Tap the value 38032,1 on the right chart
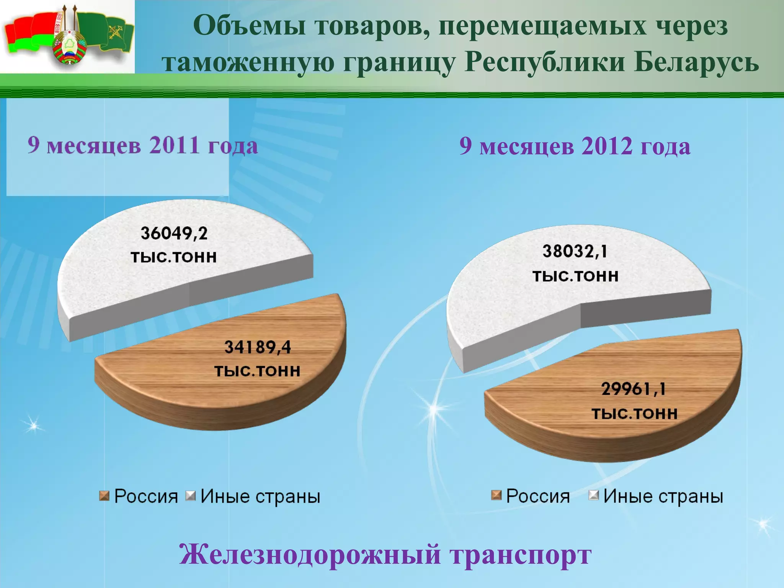pyautogui.click(x=575, y=252)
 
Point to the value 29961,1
pyautogui.click(x=634, y=389)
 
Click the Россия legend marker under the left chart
pyautogui.click(x=104, y=496)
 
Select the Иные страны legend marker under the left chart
pyautogui.click(x=190, y=496)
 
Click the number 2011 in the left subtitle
pyautogui.click(x=174, y=145)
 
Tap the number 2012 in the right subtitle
pyautogui.click(x=607, y=146)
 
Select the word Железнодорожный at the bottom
pyautogui.click(x=310, y=554)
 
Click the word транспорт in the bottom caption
pyautogui.click(x=521, y=554)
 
